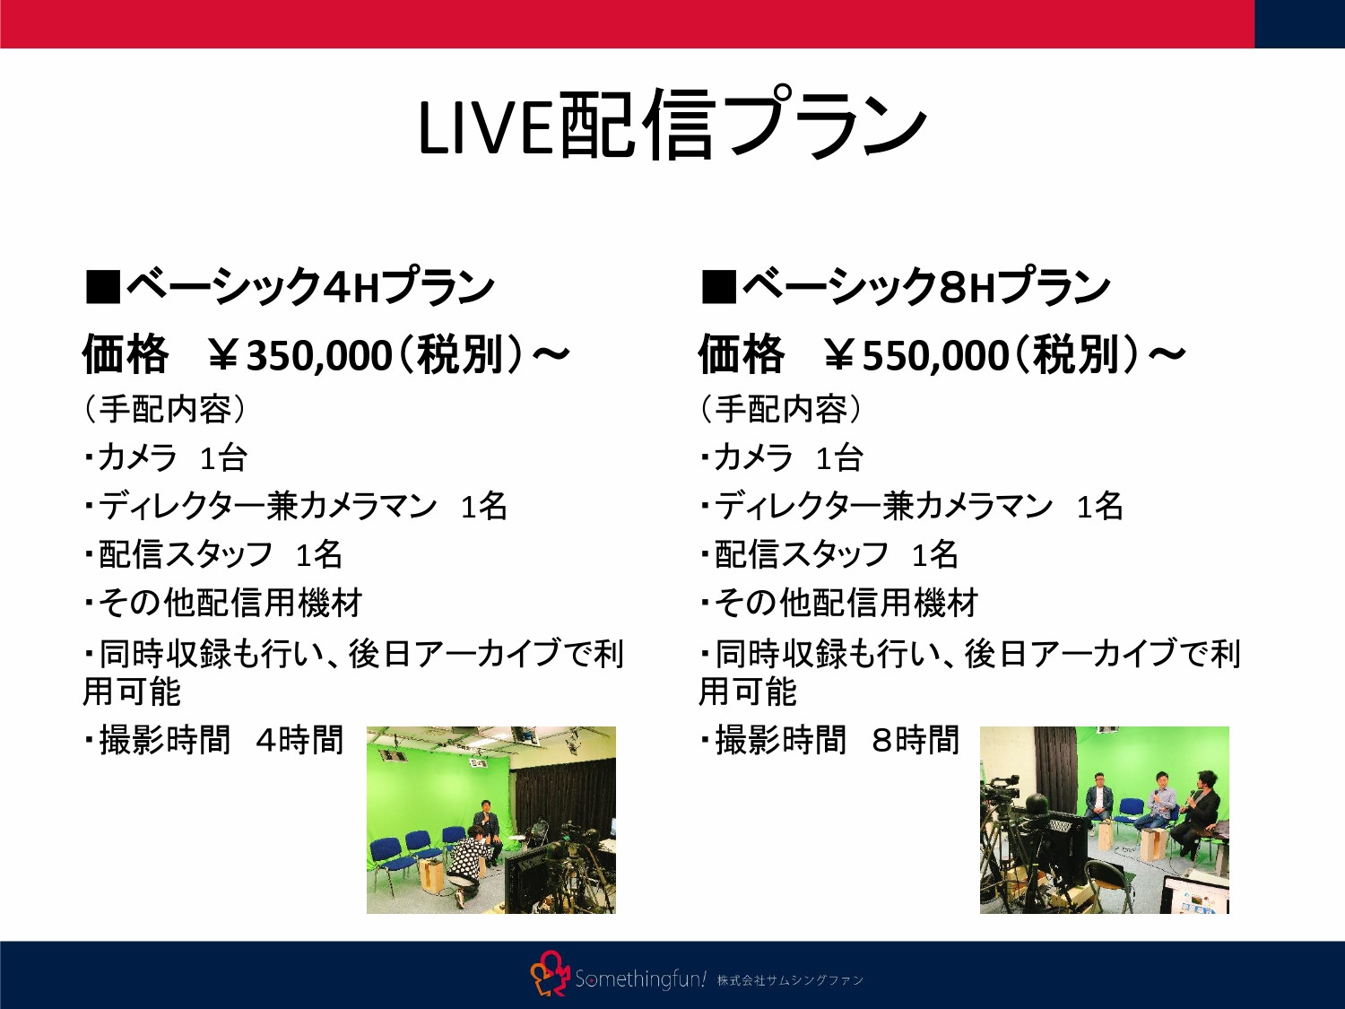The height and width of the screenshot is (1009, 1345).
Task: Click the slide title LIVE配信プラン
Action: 672,126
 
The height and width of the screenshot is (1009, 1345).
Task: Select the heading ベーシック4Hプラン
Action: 309,287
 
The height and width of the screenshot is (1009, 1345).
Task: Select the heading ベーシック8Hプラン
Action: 925,287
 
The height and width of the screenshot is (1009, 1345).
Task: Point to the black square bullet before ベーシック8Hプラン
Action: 718,287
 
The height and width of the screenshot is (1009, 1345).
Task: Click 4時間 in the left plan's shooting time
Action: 299,741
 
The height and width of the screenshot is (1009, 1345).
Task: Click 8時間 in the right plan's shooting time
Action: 915,741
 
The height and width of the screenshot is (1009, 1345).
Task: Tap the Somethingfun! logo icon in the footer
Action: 550,975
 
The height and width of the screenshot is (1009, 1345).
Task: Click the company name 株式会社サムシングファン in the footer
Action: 790,980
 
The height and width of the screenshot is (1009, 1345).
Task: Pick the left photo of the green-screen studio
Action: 491,820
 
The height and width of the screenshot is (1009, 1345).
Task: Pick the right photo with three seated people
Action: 1104,820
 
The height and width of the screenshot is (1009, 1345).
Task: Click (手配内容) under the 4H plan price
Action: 164,410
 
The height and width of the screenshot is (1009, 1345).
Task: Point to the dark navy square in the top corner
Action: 1299,23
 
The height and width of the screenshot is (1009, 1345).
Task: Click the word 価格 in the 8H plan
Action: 742,355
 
